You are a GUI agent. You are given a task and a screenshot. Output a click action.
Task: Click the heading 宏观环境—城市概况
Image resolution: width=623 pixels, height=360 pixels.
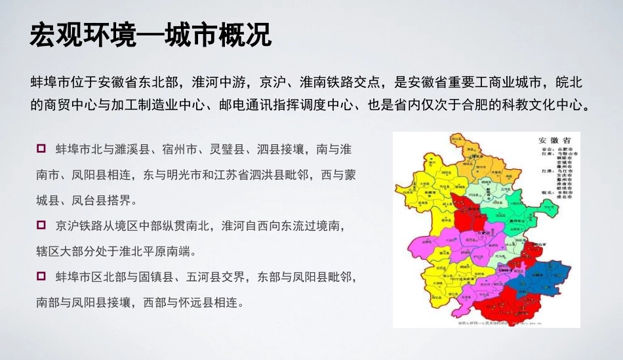pyautogui.click(x=151, y=36)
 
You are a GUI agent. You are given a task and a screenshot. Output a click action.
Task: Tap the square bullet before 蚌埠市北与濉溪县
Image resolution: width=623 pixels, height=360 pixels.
pyautogui.click(x=41, y=148)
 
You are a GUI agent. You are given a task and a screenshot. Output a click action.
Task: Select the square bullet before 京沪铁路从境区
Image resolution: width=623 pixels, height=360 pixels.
pyautogui.click(x=41, y=225)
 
